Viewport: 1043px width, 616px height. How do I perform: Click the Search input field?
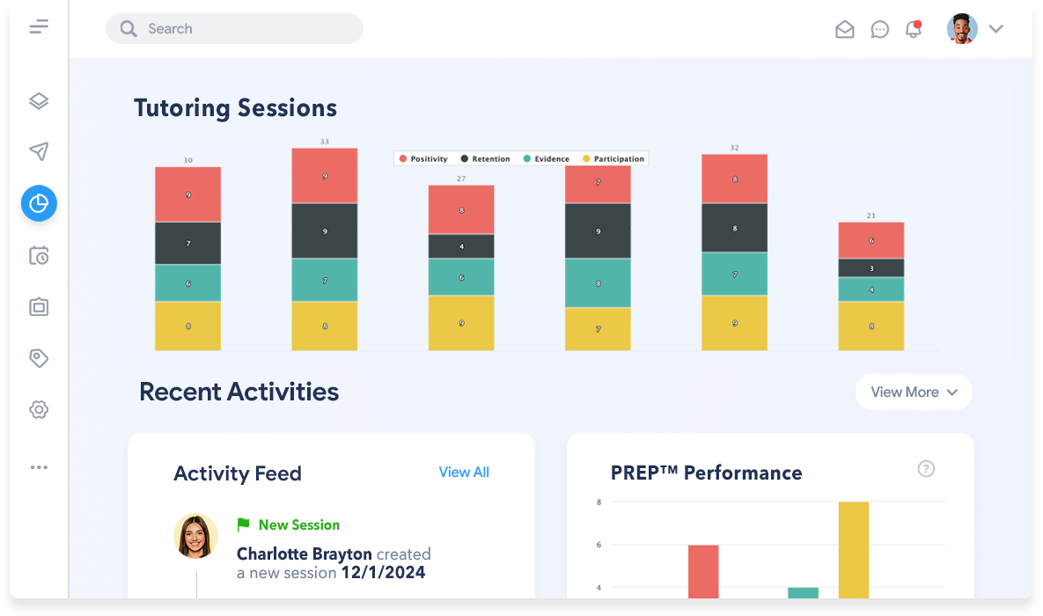[x=234, y=29]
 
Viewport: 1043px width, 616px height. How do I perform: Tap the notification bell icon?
[x=914, y=29]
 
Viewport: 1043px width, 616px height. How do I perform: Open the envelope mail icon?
[x=844, y=29]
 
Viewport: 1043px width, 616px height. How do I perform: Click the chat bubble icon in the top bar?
[x=879, y=29]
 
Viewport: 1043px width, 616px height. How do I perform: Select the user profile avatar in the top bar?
[x=962, y=29]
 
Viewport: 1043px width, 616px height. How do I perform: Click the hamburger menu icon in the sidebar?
[x=39, y=27]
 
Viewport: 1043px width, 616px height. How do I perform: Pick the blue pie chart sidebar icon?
[x=39, y=203]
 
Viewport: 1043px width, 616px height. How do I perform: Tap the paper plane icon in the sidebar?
[x=39, y=152]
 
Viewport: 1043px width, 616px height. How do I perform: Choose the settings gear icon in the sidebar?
[x=39, y=409]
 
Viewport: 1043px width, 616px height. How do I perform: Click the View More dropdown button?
[x=913, y=392]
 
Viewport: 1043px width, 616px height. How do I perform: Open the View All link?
[x=464, y=473]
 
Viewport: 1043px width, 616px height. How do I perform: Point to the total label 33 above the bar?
[x=325, y=142]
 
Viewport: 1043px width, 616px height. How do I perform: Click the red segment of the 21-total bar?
[x=870, y=239]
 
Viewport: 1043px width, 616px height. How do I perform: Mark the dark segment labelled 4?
[x=461, y=246]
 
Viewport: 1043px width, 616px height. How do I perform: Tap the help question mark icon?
[x=926, y=469]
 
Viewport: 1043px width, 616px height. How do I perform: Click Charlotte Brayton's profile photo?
[x=195, y=536]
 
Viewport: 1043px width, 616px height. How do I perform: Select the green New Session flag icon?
[x=244, y=525]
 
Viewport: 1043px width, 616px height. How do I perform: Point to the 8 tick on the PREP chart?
[x=599, y=502]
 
